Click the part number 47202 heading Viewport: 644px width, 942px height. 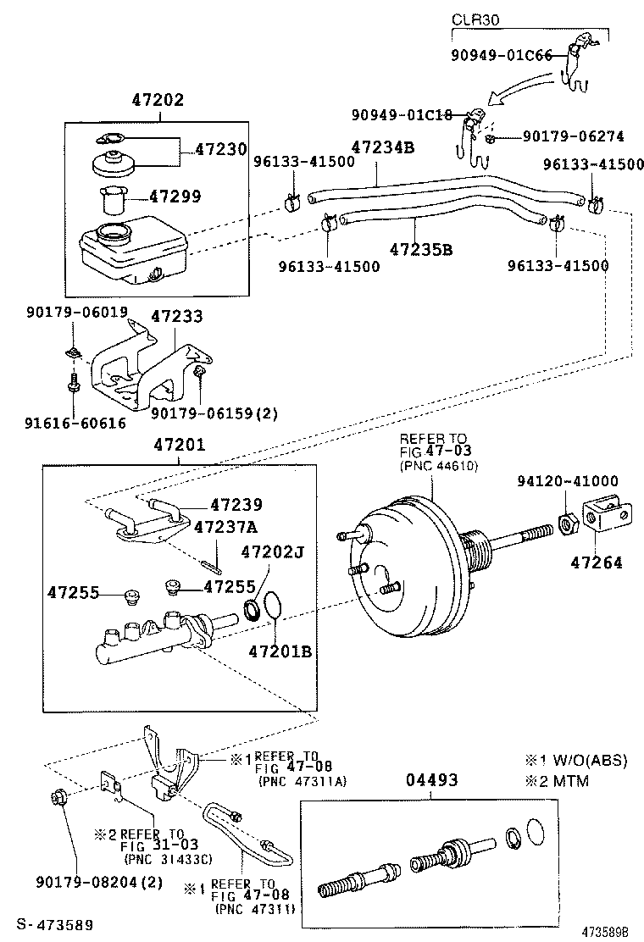pos(157,100)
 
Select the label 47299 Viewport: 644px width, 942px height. pos(175,197)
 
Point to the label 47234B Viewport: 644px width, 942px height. pos(384,147)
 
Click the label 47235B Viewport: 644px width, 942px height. pos(420,249)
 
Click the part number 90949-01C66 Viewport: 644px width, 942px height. pos(501,56)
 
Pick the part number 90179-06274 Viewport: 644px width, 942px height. pos(572,135)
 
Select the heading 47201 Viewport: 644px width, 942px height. pos(178,444)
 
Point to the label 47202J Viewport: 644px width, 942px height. pos(272,551)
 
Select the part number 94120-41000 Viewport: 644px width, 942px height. pos(567,480)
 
